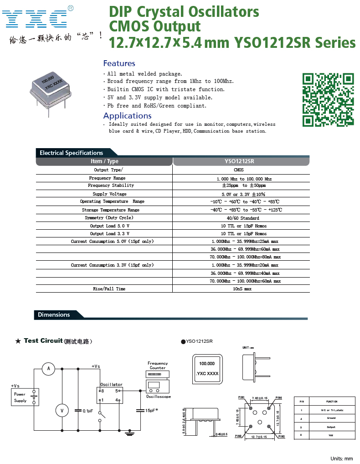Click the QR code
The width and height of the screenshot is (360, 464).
(x=328, y=99)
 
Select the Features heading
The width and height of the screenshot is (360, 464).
(x=119, y=63)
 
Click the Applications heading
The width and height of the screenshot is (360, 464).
(x=127, y=116)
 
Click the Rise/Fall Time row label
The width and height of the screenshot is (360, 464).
(x=109, y=289)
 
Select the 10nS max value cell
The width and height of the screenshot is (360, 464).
(x=242, y=289)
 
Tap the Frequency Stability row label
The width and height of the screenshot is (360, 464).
(x=111, y=186)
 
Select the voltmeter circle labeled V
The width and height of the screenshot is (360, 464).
(x=62, y=411)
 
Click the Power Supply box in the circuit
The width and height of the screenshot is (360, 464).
(x=21, y=397)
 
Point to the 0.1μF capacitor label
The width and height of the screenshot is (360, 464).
(x=87, y=411)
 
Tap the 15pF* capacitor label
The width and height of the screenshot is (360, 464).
(x=151, y=411)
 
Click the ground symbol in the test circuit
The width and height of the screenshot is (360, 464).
(x=131, y=432)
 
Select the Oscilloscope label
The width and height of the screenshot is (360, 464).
(x=158, y=397)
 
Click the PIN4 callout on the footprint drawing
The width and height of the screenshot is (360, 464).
(x=278, y=398)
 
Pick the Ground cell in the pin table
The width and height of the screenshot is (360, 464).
(x=331, y=418)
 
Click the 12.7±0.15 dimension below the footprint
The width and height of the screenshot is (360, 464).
(x=259, y=437)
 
